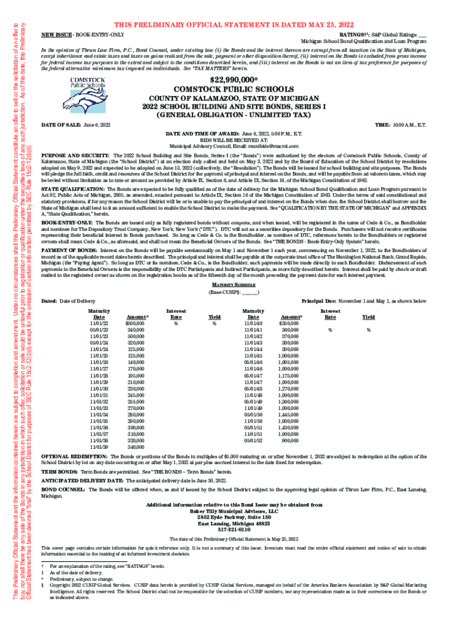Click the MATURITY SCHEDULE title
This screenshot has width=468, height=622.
234,285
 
